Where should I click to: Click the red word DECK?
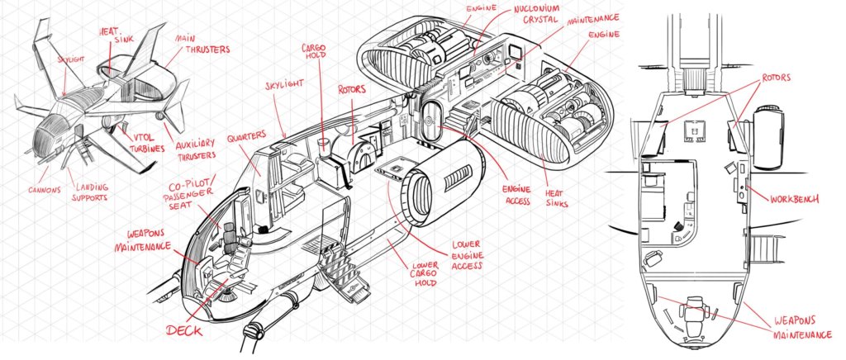pos(189,330)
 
